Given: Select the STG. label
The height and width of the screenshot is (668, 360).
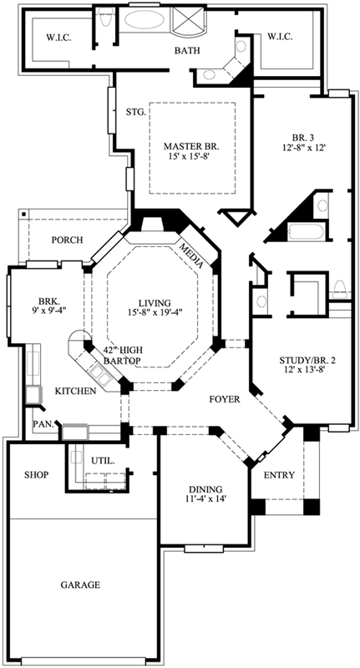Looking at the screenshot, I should [136, 111].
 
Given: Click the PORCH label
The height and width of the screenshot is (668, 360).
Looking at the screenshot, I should [68, 240].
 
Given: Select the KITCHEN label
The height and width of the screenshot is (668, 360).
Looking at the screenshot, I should [74, 391].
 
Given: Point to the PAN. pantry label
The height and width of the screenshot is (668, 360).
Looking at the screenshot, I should [43, 424].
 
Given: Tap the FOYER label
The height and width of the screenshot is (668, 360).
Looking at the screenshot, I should [224, 400].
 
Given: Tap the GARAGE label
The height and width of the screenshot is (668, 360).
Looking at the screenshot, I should [80, 584].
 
